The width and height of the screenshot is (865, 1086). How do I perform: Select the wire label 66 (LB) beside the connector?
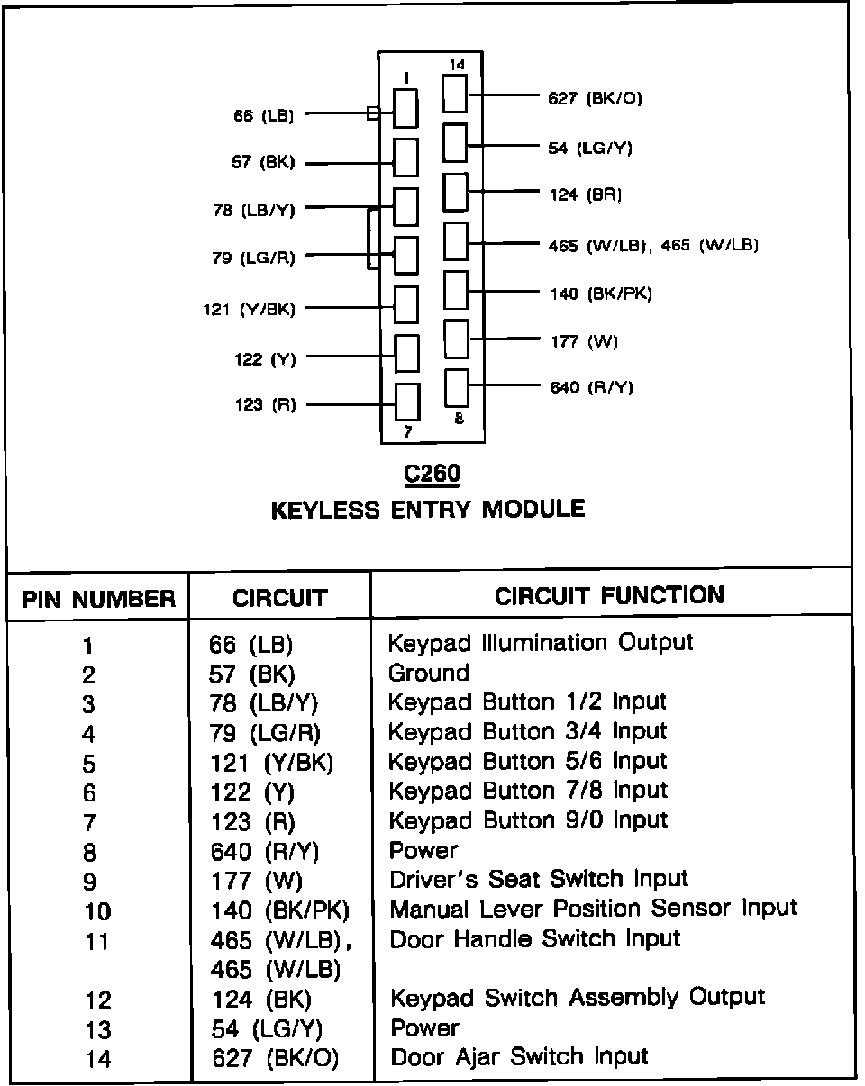[x=263, y=115]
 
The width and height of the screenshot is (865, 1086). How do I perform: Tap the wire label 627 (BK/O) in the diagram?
[x=596, y=98]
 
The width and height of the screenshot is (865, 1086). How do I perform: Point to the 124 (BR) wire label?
[x=586, y=194]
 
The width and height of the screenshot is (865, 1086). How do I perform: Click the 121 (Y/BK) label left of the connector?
[x=249, y=309]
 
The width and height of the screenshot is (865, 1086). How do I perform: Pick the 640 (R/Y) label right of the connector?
[x=592, y=387]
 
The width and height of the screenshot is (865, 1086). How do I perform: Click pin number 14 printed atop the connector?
[x=457, y=65]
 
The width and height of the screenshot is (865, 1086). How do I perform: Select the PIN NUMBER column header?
[x=98, y=599]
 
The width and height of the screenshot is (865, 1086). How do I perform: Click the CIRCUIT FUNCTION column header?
[x=609, y=595]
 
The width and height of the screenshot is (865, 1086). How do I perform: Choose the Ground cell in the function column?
[x=429, y=673]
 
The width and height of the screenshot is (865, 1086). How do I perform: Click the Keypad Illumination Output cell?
[x=541, y=643]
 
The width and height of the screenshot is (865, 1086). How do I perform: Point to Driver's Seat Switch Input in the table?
[x=539, y=879]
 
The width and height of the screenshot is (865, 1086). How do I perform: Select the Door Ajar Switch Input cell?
[x=519, y=1056]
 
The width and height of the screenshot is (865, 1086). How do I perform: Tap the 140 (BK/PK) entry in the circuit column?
[x=279, y=910]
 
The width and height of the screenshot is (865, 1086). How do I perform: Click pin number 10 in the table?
[x=97, y=911]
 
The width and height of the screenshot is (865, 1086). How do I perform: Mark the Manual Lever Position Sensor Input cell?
[x=593, y=909]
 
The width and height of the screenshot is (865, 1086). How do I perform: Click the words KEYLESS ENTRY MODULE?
[x=428, y=510]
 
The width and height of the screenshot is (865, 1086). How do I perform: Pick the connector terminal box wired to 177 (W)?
[x=457, y=339]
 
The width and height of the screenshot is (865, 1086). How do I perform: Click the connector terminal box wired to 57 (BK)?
[x=406, y=158]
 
